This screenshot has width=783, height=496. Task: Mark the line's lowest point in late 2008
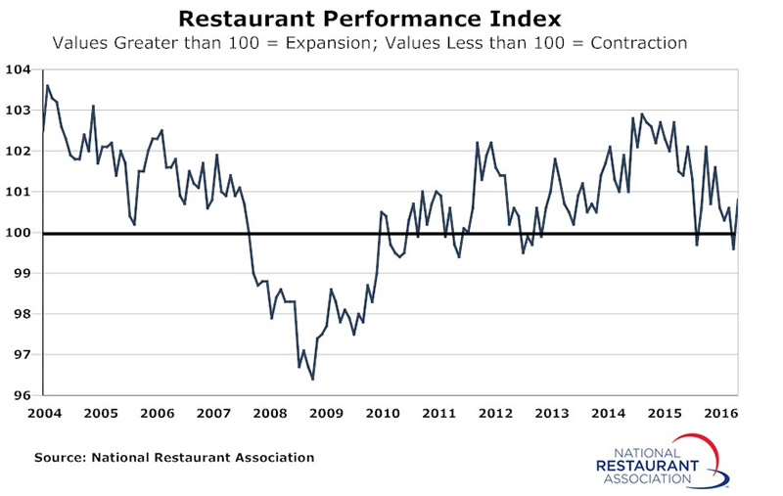[312, 379]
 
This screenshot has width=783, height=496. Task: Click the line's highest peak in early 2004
[48, 86]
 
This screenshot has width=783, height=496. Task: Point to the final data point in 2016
[736, 200]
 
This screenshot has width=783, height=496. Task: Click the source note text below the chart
[174, 457]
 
